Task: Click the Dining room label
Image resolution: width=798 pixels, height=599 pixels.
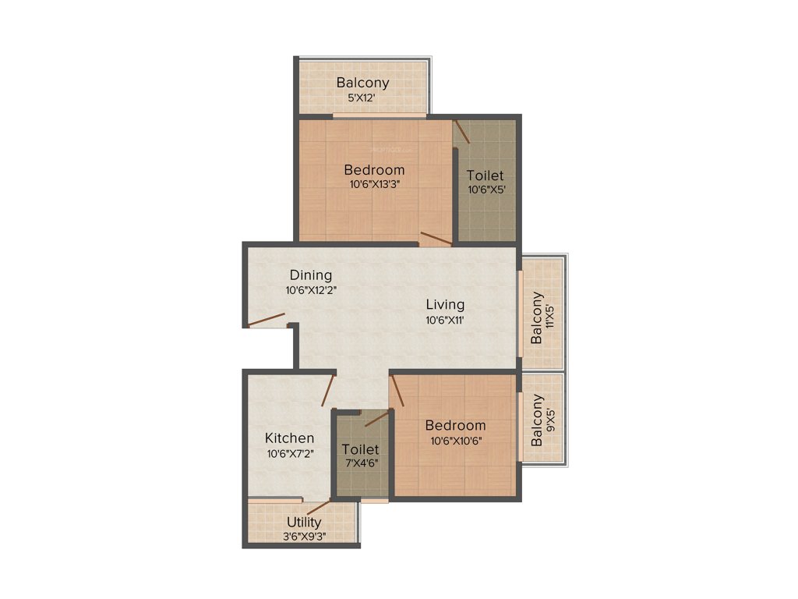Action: (x=311, y=275)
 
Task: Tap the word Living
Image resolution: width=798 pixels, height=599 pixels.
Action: (x=445, y=304)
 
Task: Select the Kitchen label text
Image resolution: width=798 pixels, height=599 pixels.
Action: (x=289, y=438)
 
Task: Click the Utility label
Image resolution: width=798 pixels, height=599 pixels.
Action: (x=304, y=522)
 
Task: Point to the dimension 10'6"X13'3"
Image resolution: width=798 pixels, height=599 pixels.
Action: (x=374, y=185)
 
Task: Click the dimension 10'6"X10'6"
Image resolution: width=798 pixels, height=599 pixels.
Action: (x=455, y=440)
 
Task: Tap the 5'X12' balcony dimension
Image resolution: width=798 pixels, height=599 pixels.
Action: (x=362, y=98)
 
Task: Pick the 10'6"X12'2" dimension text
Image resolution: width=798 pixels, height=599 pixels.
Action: (x=311, y=290)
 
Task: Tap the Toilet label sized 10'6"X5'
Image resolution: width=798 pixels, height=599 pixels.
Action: (x=485, y=176)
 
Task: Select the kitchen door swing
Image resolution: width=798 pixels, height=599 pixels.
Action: (x=329, y=390)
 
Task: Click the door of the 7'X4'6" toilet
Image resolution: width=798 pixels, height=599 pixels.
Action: (x=376, y=418)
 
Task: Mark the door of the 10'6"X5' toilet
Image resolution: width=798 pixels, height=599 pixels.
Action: (x=462, y=131)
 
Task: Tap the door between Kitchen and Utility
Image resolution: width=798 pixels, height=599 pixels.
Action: (x=318, y=509)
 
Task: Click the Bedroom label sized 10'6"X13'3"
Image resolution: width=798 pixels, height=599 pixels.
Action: (x=374, y=170)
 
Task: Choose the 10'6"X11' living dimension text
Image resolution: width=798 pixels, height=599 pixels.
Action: (x=445, y=320)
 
